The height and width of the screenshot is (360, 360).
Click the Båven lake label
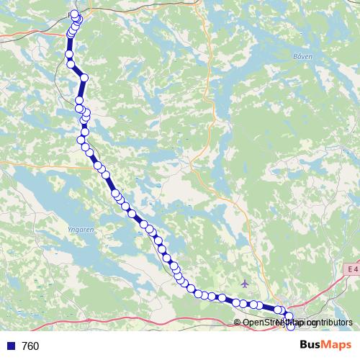(x=303, y=55)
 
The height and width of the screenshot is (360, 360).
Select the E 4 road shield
(x=351, y=269)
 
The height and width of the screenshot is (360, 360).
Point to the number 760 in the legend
(x=30, y=346)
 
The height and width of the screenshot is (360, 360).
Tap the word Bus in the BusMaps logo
(x=312, y=346)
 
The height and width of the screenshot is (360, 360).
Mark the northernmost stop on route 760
(x=74, y=14)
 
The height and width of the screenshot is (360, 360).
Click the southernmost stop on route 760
(x=290, y=328)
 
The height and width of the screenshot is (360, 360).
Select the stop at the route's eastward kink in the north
(x=84, y=78)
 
